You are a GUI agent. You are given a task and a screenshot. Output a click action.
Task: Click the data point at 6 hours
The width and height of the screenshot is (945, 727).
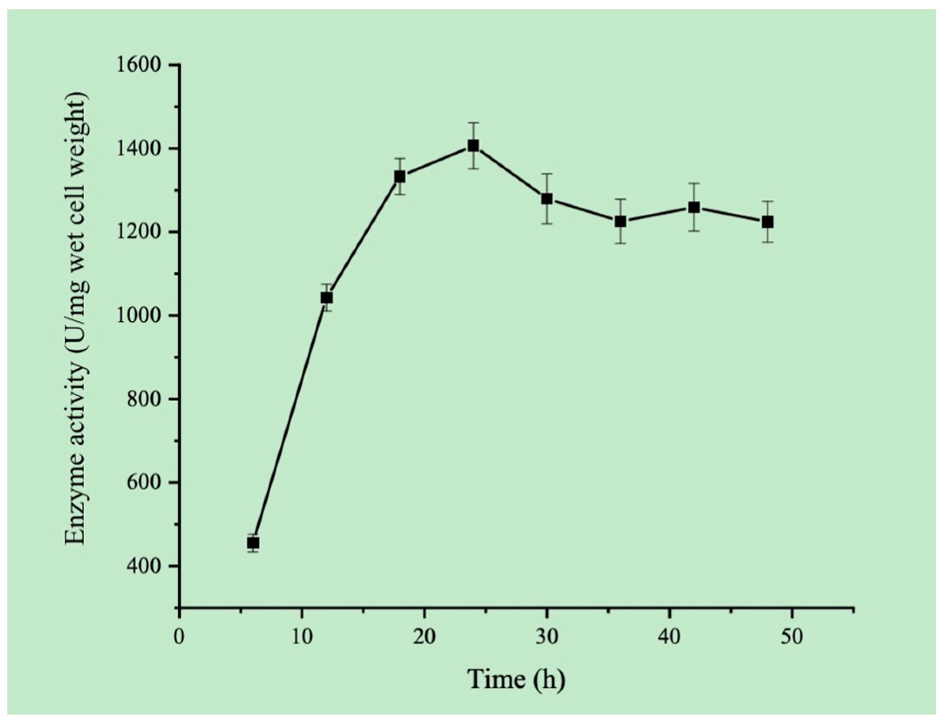(253, 543)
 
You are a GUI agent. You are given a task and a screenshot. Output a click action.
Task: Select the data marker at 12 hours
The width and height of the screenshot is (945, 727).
(326, 298)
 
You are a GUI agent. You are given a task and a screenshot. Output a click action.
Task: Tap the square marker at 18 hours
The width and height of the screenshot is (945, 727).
(400, 177)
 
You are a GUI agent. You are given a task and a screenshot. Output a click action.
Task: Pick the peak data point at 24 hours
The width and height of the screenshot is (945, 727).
(474, 145)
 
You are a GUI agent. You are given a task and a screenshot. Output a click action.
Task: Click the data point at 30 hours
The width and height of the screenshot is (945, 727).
(547, 199)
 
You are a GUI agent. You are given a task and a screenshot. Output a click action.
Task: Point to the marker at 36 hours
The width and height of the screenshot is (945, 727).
(621, 222)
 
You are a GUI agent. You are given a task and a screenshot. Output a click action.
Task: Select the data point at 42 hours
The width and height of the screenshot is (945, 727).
(694, 207)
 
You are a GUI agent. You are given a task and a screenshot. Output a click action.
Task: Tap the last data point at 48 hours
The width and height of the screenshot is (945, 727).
(768, 222)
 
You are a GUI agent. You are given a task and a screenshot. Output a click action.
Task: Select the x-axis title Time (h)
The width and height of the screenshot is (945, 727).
(517, 679)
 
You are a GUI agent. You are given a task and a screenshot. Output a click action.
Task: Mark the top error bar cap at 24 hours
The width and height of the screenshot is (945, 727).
(474, 123)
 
